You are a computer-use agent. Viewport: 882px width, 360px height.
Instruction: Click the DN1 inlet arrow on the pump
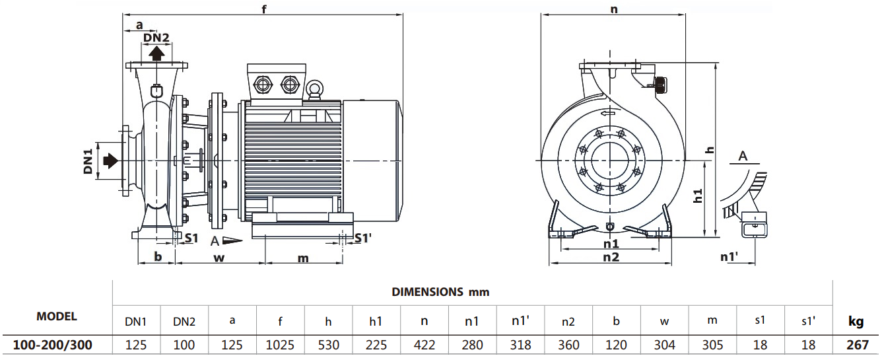(x=110, y=160)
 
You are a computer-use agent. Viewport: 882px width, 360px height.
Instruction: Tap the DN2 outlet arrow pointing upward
(x=156, y=52)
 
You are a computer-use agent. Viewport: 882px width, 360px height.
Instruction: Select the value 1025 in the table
(x=281, y=345)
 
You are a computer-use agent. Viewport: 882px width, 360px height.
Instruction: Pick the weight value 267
(x=856, y=345)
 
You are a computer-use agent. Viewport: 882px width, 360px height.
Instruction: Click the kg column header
(x=856, y=322)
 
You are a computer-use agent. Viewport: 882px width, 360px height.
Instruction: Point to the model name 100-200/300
(x=53, y=345)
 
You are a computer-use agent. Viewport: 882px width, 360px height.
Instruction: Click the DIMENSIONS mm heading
(x=440, y=291)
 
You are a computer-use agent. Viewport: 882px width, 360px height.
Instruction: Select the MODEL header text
(x=56, y=316)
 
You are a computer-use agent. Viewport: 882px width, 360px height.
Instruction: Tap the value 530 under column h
(x=328, y=345)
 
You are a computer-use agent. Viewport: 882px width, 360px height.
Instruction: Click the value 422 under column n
(x=424, y=345)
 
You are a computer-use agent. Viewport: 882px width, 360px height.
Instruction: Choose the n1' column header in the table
(x=521, y=322)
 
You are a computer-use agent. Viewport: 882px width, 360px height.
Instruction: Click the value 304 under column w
(x=664, y=345)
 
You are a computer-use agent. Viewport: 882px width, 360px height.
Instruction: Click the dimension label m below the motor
(x=302, y=258)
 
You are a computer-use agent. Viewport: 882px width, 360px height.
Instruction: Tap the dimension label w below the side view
(x=219, y=258)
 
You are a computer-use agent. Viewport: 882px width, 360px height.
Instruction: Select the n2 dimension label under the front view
(x=611, y=257)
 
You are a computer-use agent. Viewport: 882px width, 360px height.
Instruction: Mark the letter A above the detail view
(x=743, y=157)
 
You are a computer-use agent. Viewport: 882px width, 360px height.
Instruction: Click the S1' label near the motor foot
(x=363, y=238)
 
